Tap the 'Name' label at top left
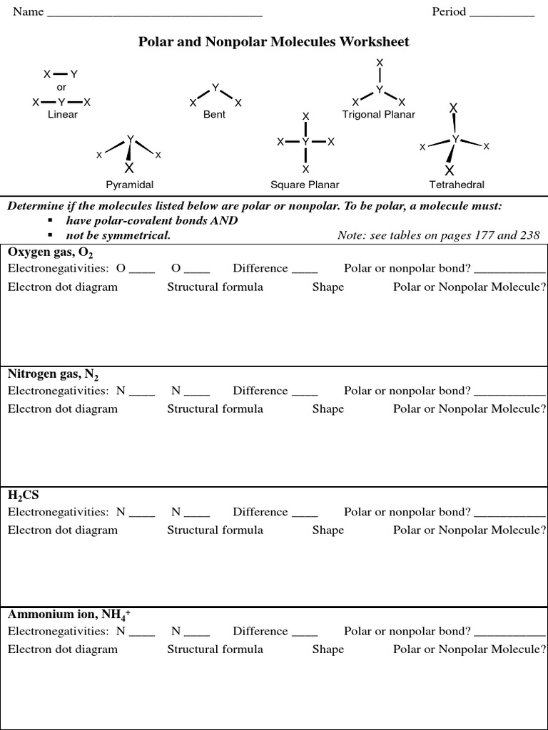(x=29, y=12)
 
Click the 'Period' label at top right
(x=449, y=12)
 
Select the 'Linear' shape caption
(x=63, y=114)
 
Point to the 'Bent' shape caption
(x=214, y=114)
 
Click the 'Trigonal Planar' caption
(x=378, y=114)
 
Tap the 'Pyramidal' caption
(x=130, y=185)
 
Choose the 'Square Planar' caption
(x=305, y=185)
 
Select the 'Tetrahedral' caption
(x=457, y=185)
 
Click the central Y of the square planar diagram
(x=305, y=143)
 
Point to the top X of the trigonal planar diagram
(x=380, y=63)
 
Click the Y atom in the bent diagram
(x=215, y=88)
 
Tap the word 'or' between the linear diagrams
(x=61, y=87)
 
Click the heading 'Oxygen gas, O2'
(x=51, y=252)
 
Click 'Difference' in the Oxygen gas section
(x=260, y=269)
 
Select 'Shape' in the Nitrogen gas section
(x=328, y=408)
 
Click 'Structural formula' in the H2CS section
(x=215, y=530)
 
